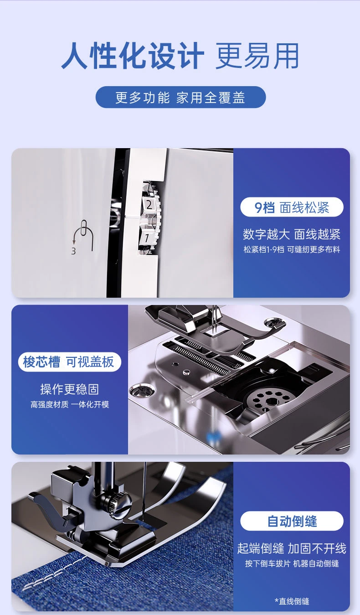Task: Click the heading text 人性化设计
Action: tap(133, 56)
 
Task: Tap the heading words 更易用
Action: tap(257, 56)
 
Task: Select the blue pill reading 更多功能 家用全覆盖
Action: tap(180, 97)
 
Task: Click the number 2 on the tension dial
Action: tap(149, 205)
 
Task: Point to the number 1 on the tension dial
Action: tap(147, 238)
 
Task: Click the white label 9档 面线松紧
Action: tap(292, 207)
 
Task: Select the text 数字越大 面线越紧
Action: tap(291, 234)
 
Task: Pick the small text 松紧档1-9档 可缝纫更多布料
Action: tap(292, 249)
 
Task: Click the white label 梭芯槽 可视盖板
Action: tap(69, 362)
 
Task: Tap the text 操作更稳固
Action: tap(69, 389)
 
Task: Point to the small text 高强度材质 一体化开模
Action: tap(70, 404)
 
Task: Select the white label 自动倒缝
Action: tap(292, 521)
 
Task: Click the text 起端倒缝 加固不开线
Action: tap(292, 548)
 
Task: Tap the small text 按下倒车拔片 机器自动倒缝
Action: tap(292, 563)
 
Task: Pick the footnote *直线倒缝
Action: tap(292, 601)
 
